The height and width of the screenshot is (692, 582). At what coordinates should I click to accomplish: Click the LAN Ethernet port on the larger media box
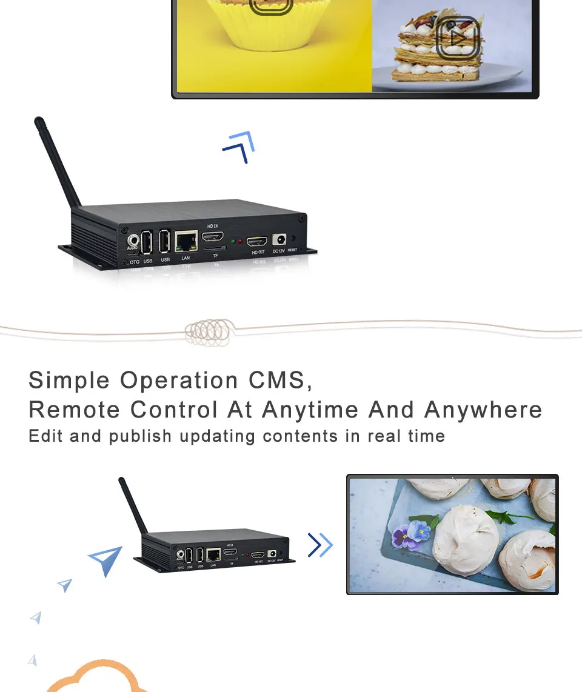tap(186, 241)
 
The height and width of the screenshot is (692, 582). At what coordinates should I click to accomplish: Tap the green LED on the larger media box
tap(233, 241)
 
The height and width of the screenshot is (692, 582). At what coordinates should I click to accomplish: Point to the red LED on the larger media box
tap(241, 241)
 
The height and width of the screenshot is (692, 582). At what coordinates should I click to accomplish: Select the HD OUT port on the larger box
tap(257, 241)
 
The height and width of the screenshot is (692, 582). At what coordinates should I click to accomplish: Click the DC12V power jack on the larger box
tap(279, 240)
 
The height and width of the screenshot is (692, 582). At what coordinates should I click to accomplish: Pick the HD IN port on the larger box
tap(213, 237)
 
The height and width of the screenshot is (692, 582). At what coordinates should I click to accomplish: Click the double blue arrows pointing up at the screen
tap(239, 147)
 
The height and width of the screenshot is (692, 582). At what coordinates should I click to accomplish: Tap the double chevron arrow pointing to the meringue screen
tap(319, 545)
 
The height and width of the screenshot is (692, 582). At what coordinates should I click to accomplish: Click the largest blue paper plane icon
tap(107, 560)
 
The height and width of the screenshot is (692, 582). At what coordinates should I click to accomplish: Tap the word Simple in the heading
tap(70, 381)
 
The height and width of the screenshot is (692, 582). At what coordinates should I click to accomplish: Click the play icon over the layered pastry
tap(458, 38)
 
